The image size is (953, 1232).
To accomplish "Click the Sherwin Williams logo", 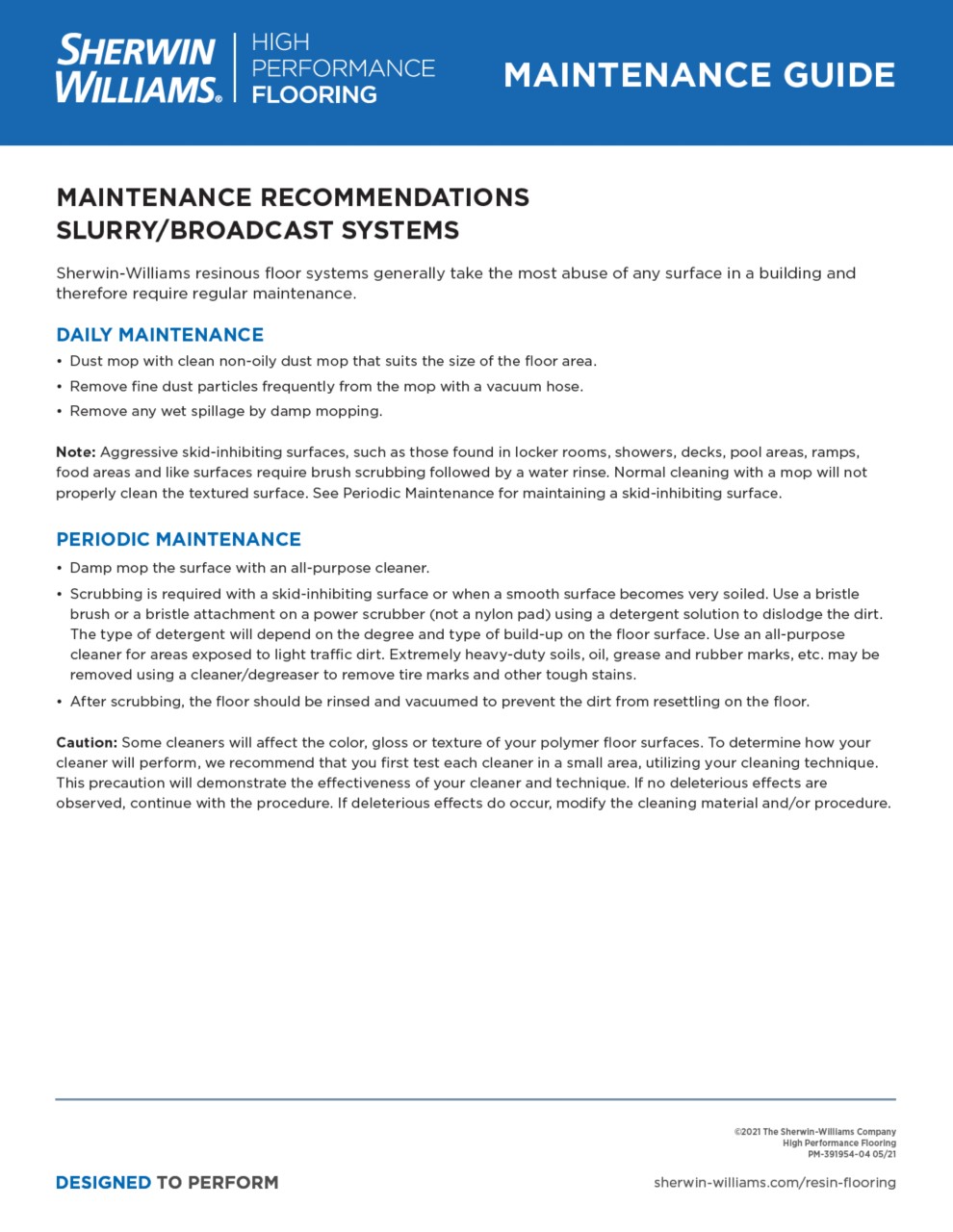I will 138,68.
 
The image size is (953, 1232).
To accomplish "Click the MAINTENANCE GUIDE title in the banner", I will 699,75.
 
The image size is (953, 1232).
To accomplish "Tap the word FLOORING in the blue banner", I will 314,95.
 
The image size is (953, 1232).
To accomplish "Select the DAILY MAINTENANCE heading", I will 160,335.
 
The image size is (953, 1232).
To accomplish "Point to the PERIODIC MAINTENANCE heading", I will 178,539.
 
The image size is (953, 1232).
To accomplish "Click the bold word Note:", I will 75,452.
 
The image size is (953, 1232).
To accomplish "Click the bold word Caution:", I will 87,743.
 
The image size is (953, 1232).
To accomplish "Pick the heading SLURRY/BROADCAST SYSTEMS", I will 257,231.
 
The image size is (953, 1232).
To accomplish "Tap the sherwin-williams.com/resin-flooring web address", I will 774,1182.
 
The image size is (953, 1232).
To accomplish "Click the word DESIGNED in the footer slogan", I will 103,1182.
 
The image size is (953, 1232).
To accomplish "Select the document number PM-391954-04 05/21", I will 851,1154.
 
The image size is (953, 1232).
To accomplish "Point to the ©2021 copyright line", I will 814,1132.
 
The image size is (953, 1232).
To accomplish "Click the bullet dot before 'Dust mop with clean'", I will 60,362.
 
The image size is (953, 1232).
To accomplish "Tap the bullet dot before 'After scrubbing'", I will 60,702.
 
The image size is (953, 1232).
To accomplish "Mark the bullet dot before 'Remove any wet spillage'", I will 60,412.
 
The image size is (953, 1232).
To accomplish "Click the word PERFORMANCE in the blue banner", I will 343,68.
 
